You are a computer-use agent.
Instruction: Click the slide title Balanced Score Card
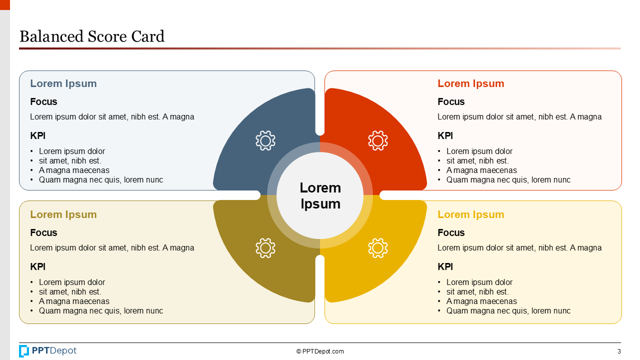[x=92, y=36]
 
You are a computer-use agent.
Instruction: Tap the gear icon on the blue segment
[x=265, y=140]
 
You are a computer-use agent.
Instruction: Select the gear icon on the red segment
[x=378, y=140]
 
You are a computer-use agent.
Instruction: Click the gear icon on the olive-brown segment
[x=265, y=248]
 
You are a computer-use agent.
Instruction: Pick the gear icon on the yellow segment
[x=378, y=248]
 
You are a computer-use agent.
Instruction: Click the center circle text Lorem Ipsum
[x=320, y=195]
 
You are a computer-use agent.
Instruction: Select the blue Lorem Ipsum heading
[x=63, y=83]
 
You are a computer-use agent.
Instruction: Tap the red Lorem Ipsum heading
[x=470, y=83]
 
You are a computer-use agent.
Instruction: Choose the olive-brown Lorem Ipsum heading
[x=63, y=214]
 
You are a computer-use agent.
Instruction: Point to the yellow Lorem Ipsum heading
[x=470, y=214]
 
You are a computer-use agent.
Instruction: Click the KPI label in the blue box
[x=38, y=135]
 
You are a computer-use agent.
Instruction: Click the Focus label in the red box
[x=451, y=101]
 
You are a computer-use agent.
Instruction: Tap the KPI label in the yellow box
[x=445, y=266]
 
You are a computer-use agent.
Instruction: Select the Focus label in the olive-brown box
[x=43, y=232]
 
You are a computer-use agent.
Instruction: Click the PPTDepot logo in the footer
[x=48, y=351]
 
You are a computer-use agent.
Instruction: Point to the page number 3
[x=619, y=351]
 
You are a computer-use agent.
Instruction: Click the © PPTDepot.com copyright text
[x=320, y=351]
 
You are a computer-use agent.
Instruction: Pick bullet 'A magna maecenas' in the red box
[x=481, y=170]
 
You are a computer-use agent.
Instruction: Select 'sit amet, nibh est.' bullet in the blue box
[x=70, y=161]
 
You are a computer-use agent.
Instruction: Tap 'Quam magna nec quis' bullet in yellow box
[x=508, y=311]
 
